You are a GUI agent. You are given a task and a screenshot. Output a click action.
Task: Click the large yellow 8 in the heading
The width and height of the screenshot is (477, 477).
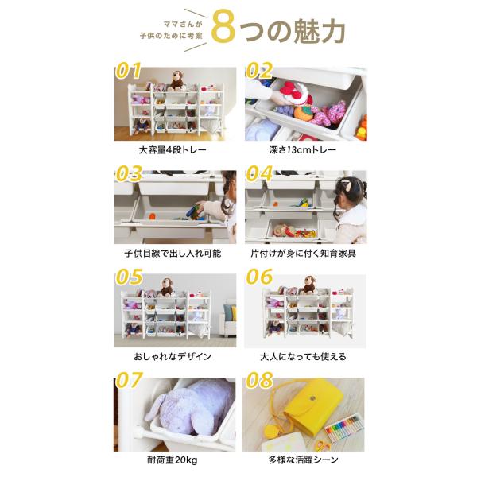223,27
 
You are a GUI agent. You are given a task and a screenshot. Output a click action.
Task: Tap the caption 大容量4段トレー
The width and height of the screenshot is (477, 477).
173,150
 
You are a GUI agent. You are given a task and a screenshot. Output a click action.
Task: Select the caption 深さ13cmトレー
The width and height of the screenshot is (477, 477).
302,150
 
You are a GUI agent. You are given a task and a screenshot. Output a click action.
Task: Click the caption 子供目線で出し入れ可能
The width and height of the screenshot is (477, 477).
173,254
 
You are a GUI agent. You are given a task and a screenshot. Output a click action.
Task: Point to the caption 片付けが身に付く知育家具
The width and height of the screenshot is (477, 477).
304,254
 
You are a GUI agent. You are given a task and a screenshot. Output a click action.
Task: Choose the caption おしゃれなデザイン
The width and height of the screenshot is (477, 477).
173,356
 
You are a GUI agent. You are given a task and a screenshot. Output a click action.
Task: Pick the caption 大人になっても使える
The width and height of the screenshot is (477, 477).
304,356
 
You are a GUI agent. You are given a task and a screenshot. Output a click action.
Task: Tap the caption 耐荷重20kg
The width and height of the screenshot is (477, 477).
173,460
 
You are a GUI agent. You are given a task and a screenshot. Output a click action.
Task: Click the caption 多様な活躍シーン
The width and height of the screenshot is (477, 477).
304,460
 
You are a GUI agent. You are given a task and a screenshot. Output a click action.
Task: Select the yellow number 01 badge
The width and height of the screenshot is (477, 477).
129,71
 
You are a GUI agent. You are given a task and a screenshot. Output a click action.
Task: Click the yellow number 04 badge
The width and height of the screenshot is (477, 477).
259,173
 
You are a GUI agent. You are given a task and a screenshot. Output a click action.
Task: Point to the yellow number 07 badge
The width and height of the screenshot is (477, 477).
129,380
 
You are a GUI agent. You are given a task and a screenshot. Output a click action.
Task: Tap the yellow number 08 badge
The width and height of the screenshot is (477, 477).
259,380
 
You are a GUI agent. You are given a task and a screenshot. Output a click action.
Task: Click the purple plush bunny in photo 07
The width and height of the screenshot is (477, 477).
189,407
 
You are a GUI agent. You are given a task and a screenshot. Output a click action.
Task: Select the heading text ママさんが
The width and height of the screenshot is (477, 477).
183,24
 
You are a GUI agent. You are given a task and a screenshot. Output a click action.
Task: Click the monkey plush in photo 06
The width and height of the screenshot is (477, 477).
308,285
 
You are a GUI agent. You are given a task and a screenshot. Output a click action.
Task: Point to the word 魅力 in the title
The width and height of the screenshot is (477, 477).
319,31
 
